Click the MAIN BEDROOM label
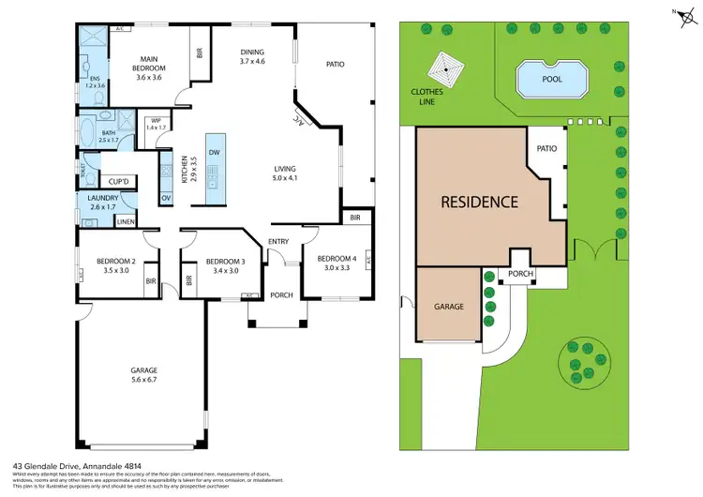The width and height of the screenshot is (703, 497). point(147,63)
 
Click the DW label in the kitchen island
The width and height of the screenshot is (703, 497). point(215,152)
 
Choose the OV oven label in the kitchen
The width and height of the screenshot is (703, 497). point(166,198)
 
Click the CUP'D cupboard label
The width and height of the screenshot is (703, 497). point(119,181)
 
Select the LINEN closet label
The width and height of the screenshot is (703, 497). point(126,221)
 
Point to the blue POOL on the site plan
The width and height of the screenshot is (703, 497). point(552,79)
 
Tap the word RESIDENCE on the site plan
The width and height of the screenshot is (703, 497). point(480,202)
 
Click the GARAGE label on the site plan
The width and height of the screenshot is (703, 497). point(448,307)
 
